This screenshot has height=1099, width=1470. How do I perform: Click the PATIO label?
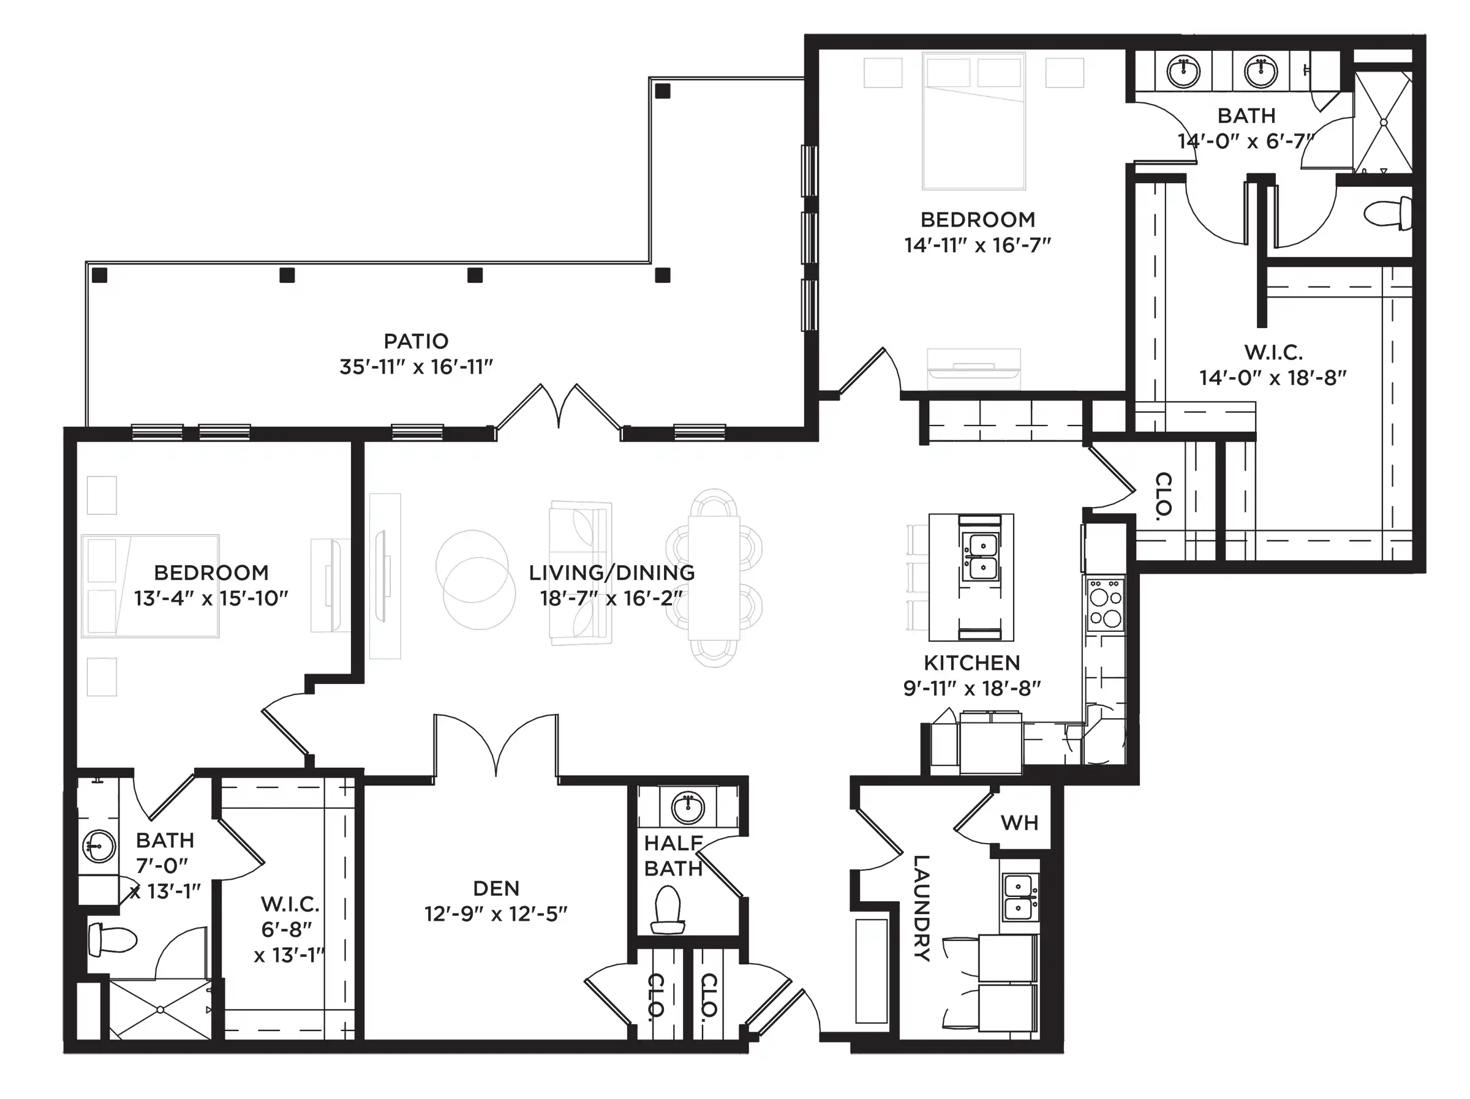416,341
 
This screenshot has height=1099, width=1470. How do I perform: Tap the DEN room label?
496,888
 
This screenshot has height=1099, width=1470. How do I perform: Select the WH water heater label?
1019,823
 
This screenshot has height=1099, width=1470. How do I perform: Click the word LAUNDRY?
922,907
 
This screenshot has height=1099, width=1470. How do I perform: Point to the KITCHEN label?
971,662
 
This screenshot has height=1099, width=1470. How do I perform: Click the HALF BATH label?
673,856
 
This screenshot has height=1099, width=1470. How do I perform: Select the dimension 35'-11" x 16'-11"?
416,367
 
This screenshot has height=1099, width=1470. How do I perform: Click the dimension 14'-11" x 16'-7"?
977,245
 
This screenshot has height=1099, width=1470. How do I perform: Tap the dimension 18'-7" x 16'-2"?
611,598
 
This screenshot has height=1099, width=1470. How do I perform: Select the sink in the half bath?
688,808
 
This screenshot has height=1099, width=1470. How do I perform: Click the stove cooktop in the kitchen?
1105,605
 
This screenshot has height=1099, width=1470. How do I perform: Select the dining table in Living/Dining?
714,578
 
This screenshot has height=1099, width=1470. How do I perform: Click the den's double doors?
496,744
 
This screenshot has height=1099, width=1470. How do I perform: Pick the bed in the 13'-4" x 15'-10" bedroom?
150,586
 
